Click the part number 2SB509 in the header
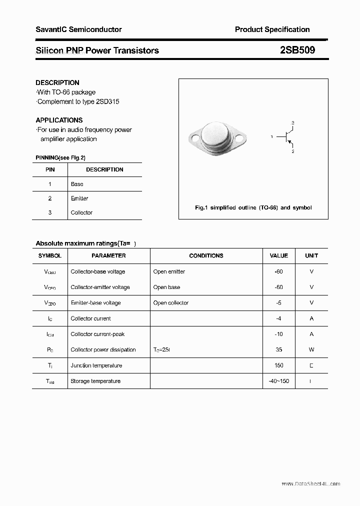pyautogui.click(x=297, y=50)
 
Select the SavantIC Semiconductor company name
pyautogui.click(x=78, y=29)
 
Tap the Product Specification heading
pyautogui.click(x=272, y=29)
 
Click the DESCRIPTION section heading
pyautogui.click(x=57, y=82)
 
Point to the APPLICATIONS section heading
pyautogui.click(x=59, y=120)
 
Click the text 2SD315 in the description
pyautogui.click(x=107, y=101)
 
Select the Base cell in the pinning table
pyautogui.click(x=77, y=184)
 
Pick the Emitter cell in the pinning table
pyautogui.click(x=79, y=198)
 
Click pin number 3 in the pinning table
pyautogui.click(x=50, y=212)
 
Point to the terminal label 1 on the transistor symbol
pyautogui.click(x=271, y=136)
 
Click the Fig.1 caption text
pyautogui.click(x=253, y=207)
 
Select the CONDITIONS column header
pyautogui.click(x=206, y=255)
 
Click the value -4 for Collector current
pyautogui.click(x=278, y=318)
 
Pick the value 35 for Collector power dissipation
pyautogui.click(x=278, y=350)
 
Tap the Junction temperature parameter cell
pyautogui.click(x=96, y=365)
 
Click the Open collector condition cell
pyautogui.click(x=170, y=303)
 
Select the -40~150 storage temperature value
pyautogui.click(x=278, y=381)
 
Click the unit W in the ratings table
pyautogui.click(x=311, y=350)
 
